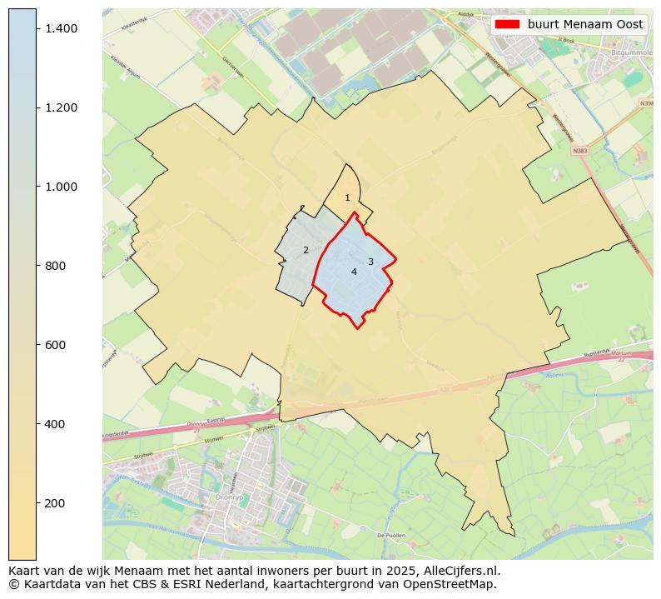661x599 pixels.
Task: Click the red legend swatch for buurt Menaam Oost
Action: click(x=507, y=24)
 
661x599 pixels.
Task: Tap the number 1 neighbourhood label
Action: click(x=347, y=198)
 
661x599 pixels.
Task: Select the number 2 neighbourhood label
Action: click(x=306, y=251)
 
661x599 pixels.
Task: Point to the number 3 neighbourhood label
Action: click(x=370, y=262)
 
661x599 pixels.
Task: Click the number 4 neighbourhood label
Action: click(x=354, y=272)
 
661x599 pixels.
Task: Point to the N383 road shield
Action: click(x=580, y=151)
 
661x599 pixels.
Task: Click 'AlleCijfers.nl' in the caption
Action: click(x=461, y=571)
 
